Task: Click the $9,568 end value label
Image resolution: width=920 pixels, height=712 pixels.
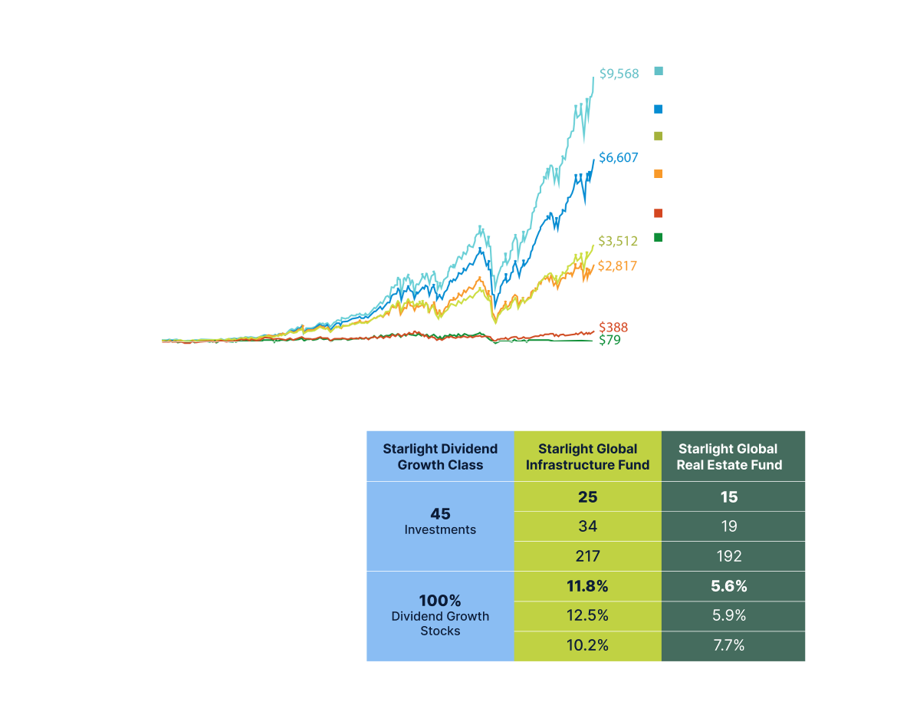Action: tap(617, 74)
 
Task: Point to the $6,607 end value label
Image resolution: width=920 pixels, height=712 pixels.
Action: tap(617, 158)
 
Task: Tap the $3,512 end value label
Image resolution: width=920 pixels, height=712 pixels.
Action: tap(617, 242)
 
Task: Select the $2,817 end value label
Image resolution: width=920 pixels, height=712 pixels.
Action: tap(617, 266)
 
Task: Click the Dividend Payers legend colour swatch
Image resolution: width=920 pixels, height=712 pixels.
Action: tap(659, 110)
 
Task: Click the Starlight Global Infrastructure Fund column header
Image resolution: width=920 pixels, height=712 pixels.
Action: tap(587, 457)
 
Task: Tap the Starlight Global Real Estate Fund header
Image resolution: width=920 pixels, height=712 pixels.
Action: tap(728, 457)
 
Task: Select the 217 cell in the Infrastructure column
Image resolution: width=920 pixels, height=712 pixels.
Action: tap(587, 555)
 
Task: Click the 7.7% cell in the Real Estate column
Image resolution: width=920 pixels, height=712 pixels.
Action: tap(728, 645)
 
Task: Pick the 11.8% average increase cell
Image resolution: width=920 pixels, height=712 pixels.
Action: tap(587, 586)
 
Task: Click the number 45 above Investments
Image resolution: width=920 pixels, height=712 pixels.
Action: tap(440, 513)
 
